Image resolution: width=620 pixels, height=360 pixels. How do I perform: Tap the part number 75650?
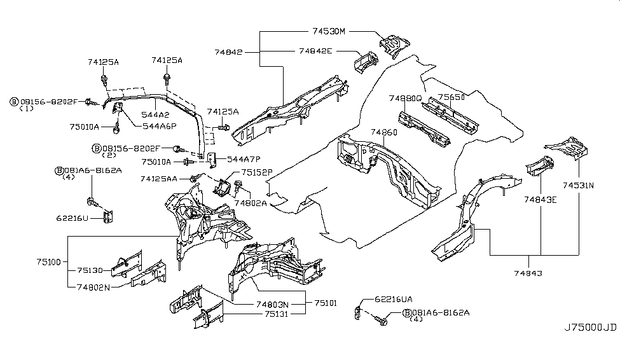coord(451,97)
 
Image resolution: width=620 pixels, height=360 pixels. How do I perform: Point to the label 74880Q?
coord(405,98)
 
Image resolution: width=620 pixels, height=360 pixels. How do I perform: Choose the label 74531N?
coord(577,185)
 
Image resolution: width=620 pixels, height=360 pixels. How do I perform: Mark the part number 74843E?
coord(541,199)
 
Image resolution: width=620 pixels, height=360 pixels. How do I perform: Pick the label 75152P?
coord(256,172)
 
